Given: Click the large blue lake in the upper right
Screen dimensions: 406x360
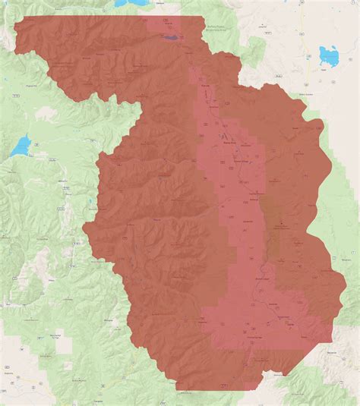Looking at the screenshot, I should click(x=330, y=55).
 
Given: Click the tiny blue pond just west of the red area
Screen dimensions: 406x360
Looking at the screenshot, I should click(x=90, y=203).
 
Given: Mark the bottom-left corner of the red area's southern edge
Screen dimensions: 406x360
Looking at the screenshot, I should click(x=176, y=389).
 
